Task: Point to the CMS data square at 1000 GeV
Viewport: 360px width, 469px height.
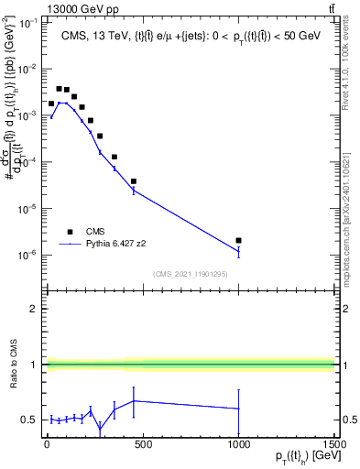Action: click(238, 240)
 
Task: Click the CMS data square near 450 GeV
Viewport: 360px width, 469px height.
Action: click(134, 181)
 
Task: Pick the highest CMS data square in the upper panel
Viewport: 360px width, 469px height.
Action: click(59, 89)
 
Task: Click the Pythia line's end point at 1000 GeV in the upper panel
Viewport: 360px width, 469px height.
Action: click(238, 251)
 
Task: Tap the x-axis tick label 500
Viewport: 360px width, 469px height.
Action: click(143, 444)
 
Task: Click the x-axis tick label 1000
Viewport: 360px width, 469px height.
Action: click(238, 444)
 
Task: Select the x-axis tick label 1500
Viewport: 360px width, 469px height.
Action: click(333, 444)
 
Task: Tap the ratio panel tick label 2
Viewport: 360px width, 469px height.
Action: click(33, 309)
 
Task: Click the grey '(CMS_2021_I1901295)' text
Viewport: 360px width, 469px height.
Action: click(191, 274)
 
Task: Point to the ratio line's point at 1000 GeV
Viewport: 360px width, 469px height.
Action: click(238, 409)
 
